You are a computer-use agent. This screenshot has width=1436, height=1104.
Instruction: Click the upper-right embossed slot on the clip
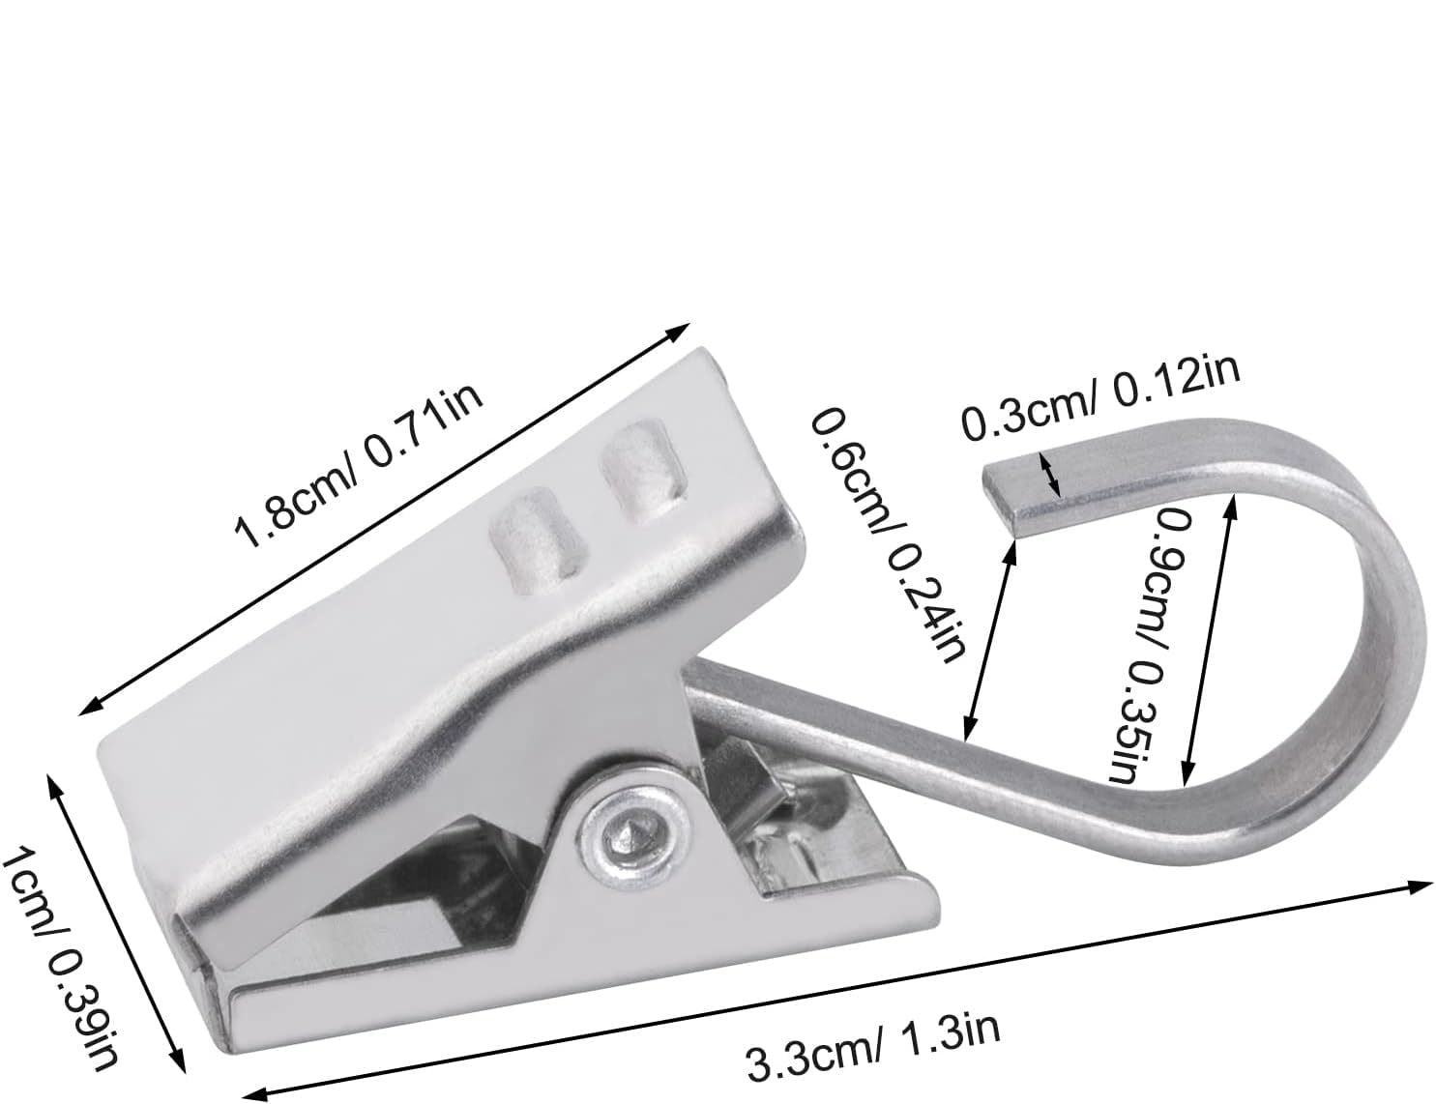pyautogui.click(x=643, y=471)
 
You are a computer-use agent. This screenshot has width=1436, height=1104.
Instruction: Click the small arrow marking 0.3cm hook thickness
pyautogui.click(x=1050, y=473)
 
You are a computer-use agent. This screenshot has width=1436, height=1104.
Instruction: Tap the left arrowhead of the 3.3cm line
pyautogui.click(x=255, y=1092)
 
